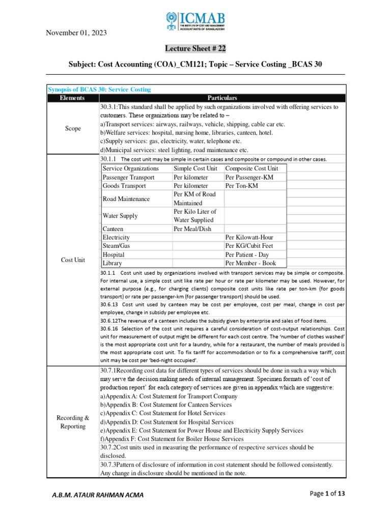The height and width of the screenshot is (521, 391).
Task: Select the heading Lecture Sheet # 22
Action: tap(195, 49)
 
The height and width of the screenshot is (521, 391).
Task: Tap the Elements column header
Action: tap(72, 98)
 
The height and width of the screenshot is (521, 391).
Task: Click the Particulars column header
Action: tap(222, 98)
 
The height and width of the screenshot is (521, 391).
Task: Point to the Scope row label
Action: tap(72, 129)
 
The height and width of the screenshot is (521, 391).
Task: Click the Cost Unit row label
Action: tap(72, 259)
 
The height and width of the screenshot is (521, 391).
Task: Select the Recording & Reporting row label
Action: tap(72, 422)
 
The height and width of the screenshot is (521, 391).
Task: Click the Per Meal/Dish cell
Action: tap(192, 229)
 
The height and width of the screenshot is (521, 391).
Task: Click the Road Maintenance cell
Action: tap(126, 199)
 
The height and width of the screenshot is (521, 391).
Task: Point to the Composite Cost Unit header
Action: tap(252, 168)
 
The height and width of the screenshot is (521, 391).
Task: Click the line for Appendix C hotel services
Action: tap(163, 413)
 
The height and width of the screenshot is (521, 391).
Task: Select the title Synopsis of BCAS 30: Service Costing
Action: tap(99, 90)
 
